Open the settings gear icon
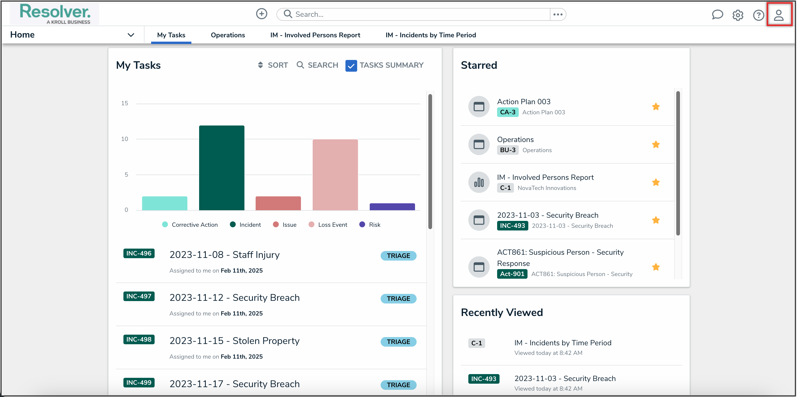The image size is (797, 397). coord(738,15)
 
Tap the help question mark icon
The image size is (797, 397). coord(758,15)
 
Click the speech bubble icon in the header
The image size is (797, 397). coord(717,15)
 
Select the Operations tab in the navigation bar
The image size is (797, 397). coord(228,35)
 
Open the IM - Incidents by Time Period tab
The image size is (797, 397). coord(430,35)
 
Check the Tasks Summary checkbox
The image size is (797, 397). coord(351,66)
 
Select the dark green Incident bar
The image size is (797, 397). coord(222,168)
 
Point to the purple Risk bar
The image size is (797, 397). coord(392,206)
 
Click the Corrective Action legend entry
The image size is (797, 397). coord(190,225)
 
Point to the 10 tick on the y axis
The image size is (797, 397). coord(124,139)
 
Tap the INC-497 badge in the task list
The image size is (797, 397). coord(139,296)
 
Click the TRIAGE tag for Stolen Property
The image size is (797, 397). coord(398,342)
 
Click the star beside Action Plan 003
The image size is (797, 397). coord(656,107)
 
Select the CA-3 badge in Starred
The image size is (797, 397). coord(508,112)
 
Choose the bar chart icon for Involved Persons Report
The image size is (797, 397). coord(479,183)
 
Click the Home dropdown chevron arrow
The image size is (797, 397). coord(131,35)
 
